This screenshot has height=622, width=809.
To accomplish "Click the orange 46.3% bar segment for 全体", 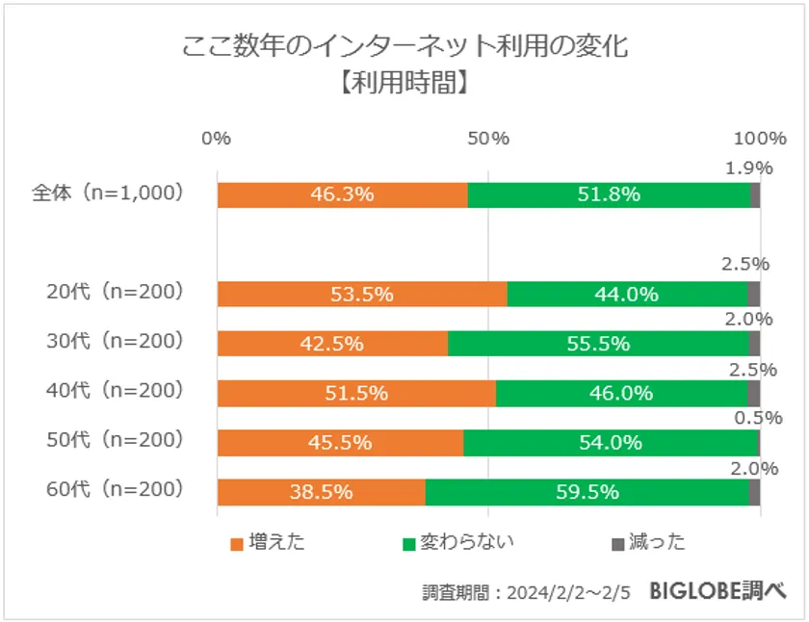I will point(342,194).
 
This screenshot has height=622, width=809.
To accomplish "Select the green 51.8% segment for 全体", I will point(609,194).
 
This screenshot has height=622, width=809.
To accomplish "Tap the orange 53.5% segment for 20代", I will point(361,294).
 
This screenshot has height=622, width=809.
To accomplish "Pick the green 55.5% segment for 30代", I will point(598,344).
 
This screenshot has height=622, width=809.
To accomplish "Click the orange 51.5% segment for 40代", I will point(356,393).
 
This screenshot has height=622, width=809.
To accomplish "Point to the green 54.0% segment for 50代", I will point(611,443).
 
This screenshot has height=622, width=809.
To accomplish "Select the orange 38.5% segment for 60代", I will point(321,492).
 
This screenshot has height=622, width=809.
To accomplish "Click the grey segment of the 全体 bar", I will point(755,194).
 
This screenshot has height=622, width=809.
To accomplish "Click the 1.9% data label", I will point(748,168).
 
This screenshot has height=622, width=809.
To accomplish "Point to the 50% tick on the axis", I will point(488,138).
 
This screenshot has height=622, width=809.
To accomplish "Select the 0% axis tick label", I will point(217,138).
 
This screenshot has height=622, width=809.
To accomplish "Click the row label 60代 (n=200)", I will point(115,489).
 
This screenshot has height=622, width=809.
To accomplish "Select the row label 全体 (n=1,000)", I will point(107,193).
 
